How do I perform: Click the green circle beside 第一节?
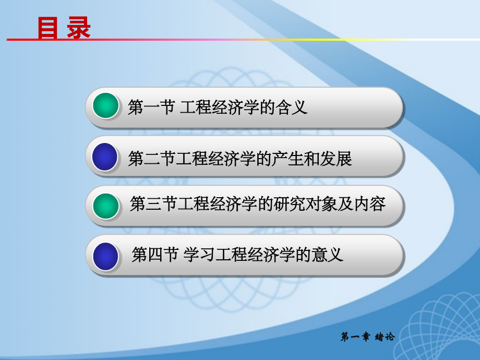click(106, 106)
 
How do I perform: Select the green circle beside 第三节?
click(106, 206)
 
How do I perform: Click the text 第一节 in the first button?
click(151, 108)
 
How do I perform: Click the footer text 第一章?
click(355, 337)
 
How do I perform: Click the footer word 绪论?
click(385, 337)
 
